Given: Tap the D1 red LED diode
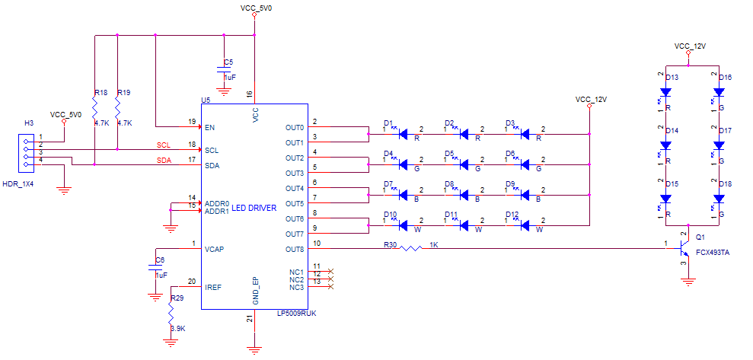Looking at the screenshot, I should [404, 134].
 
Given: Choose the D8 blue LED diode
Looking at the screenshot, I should [464, 195].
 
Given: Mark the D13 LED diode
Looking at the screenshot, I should [665, 92].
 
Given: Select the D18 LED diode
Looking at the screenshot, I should [718, 199].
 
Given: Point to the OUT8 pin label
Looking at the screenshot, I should [295, 249].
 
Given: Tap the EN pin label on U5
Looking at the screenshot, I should [210, 127].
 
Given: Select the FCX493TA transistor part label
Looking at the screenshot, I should [713, 252].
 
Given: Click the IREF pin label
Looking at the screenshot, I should [214, 287].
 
